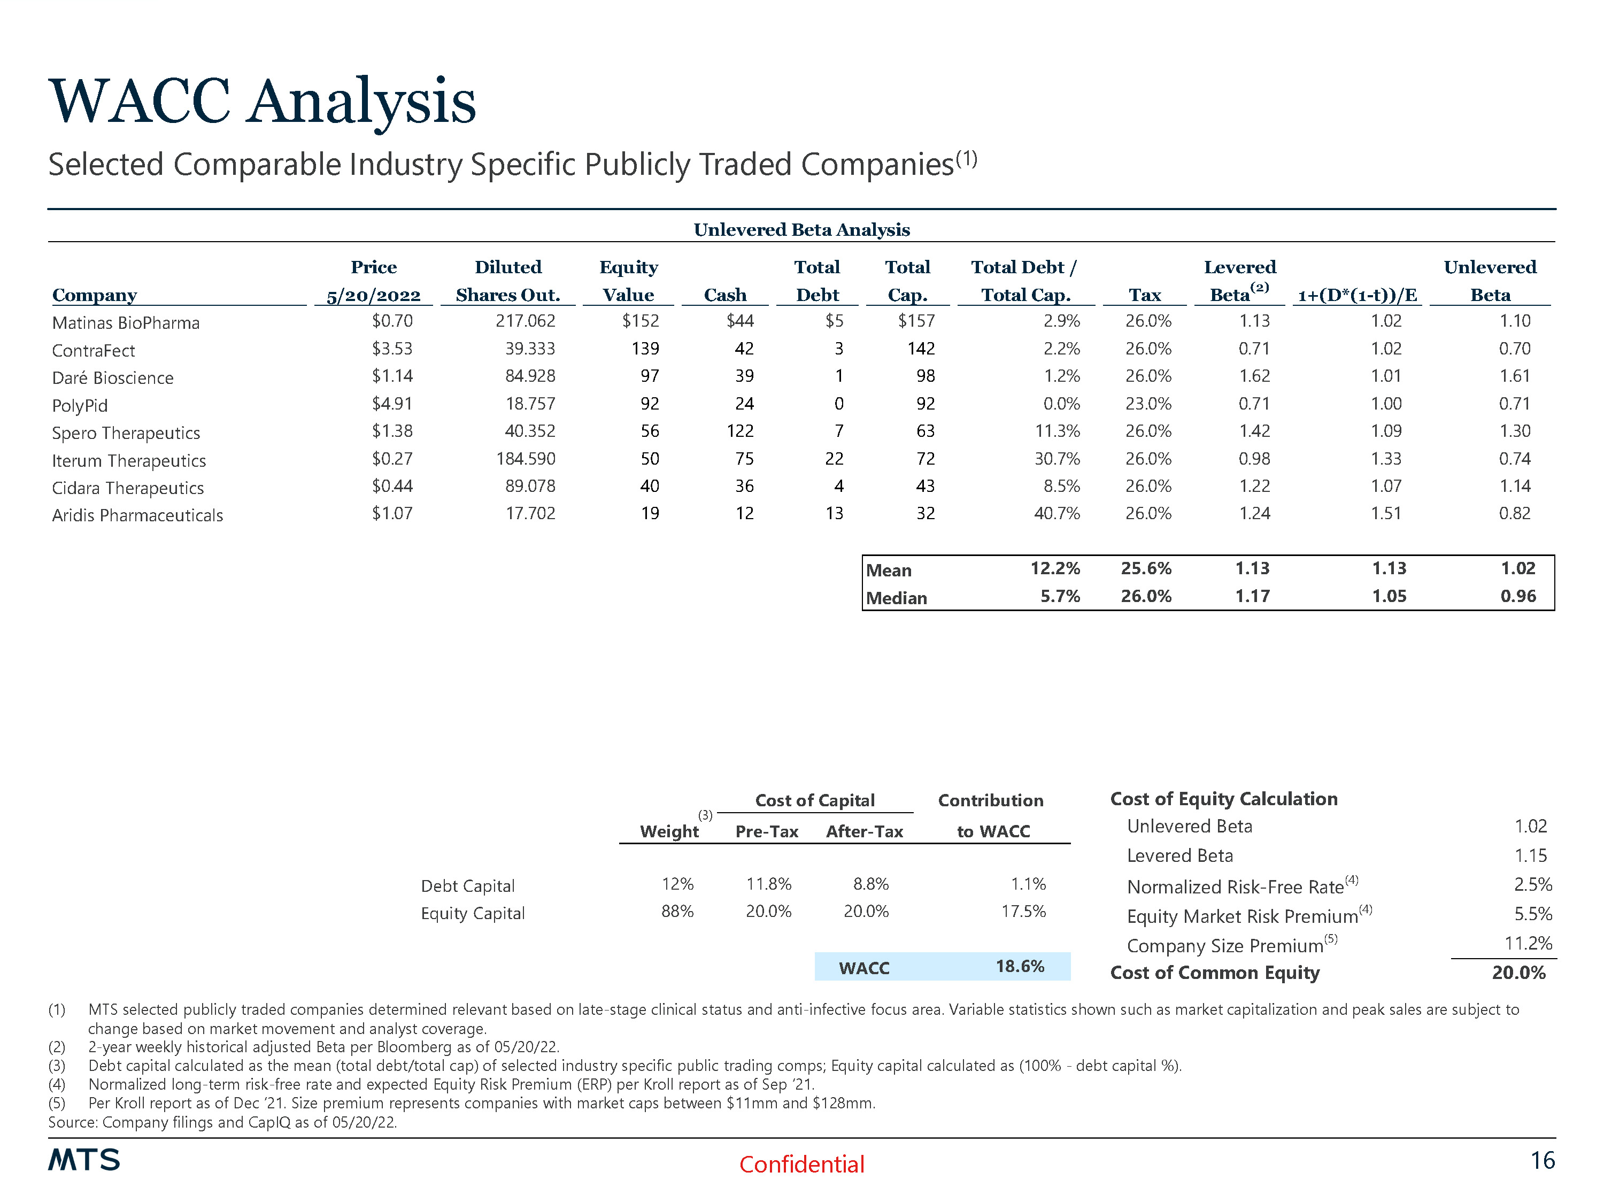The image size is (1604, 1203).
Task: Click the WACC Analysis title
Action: pyautogui.click(x=262, y=102)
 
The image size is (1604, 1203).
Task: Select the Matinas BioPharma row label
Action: pyautogui.click(x=126, y=323)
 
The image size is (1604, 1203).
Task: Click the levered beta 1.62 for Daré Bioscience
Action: pyautogui.click(x=1254, y=376)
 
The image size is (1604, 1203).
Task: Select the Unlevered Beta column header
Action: pyautogui.click(x=1490, y=281)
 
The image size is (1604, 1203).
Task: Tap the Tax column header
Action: pyautogui.click(x=1144, y=295)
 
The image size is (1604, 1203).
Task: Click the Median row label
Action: pyautogui.click(x=896, y=598)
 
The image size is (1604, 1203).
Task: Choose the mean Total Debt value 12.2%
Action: pyautogui.click(x=1055, y=568)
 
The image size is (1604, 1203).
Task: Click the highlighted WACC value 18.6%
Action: pyautogui.click(x=1020, y=967)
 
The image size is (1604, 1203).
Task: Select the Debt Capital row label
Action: pyautogui.click(x=468, y=885)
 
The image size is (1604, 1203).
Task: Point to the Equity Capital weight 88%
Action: pyautogui.click(x=677, y=912)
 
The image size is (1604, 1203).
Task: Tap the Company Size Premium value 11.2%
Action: pyautogui.click(x=1528, y=943)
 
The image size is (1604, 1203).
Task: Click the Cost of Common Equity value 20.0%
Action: pyautogui.click(x=1518, y=973)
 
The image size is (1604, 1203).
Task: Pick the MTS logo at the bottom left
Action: pyautogui.click(x=84, y=1160)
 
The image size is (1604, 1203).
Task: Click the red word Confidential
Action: pyautogui.click(x=801, y=1164)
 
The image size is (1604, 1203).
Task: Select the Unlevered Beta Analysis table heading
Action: pyautogui.click(x=801, y=230)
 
